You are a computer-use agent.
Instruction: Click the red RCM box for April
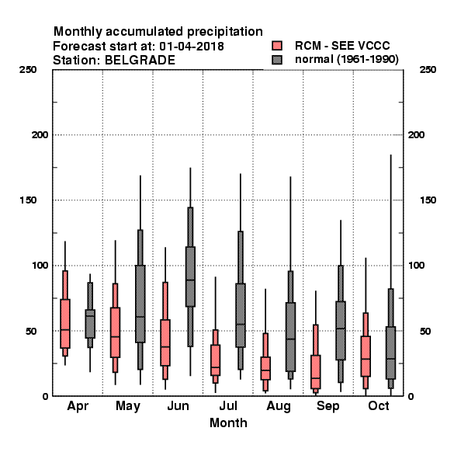pos(65,323)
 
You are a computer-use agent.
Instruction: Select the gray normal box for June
pos(190,276)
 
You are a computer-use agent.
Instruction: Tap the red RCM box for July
pos(215,360)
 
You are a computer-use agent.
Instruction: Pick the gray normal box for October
pos(391,353)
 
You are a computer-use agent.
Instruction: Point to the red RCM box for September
pos(316,372)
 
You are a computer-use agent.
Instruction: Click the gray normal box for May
pos(140,304)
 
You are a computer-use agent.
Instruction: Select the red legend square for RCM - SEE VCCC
pos(277,46)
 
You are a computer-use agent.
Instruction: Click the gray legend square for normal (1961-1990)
pos(277,60)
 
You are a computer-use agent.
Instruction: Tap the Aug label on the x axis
pos(278,406)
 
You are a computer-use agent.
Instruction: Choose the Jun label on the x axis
pos(178,405)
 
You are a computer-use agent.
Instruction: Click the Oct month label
pos(378,405)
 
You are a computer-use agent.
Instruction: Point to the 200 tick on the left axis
pos(40,135)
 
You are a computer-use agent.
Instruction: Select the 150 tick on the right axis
pos(428,200)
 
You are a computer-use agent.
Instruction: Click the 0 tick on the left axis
pos(45,396)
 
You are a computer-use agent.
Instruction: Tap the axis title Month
pos(228,423)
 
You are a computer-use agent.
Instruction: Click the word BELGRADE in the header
pos(140,61)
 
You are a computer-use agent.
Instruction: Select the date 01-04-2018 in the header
pos(192,47)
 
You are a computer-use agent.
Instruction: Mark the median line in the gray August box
pos(290,339)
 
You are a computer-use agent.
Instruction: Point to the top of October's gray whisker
pos(391,155)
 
